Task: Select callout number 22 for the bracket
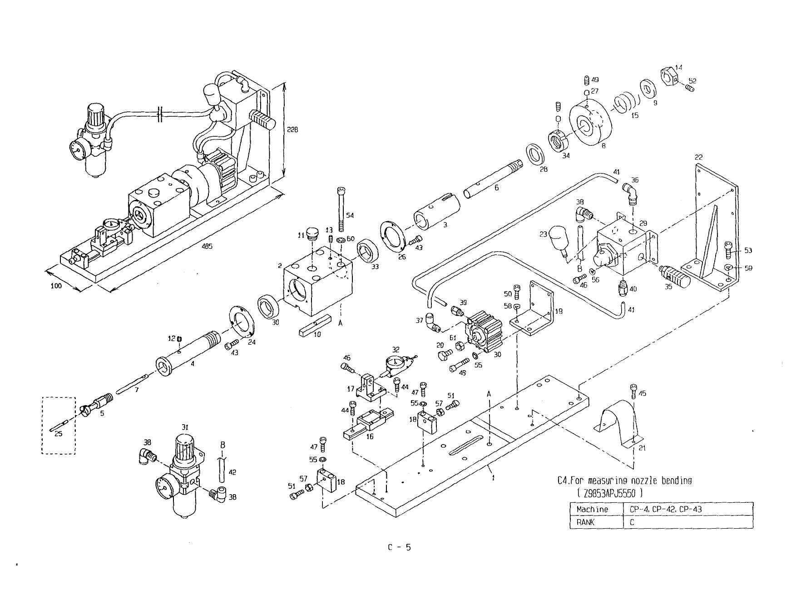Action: click(x=698, y=157)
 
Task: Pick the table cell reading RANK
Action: click(x=585, y=522)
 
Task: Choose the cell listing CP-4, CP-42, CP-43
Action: click(x=665, y=509)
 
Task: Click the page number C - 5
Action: click(x=399, y=547)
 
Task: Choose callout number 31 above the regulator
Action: click(x=185, y=426)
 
